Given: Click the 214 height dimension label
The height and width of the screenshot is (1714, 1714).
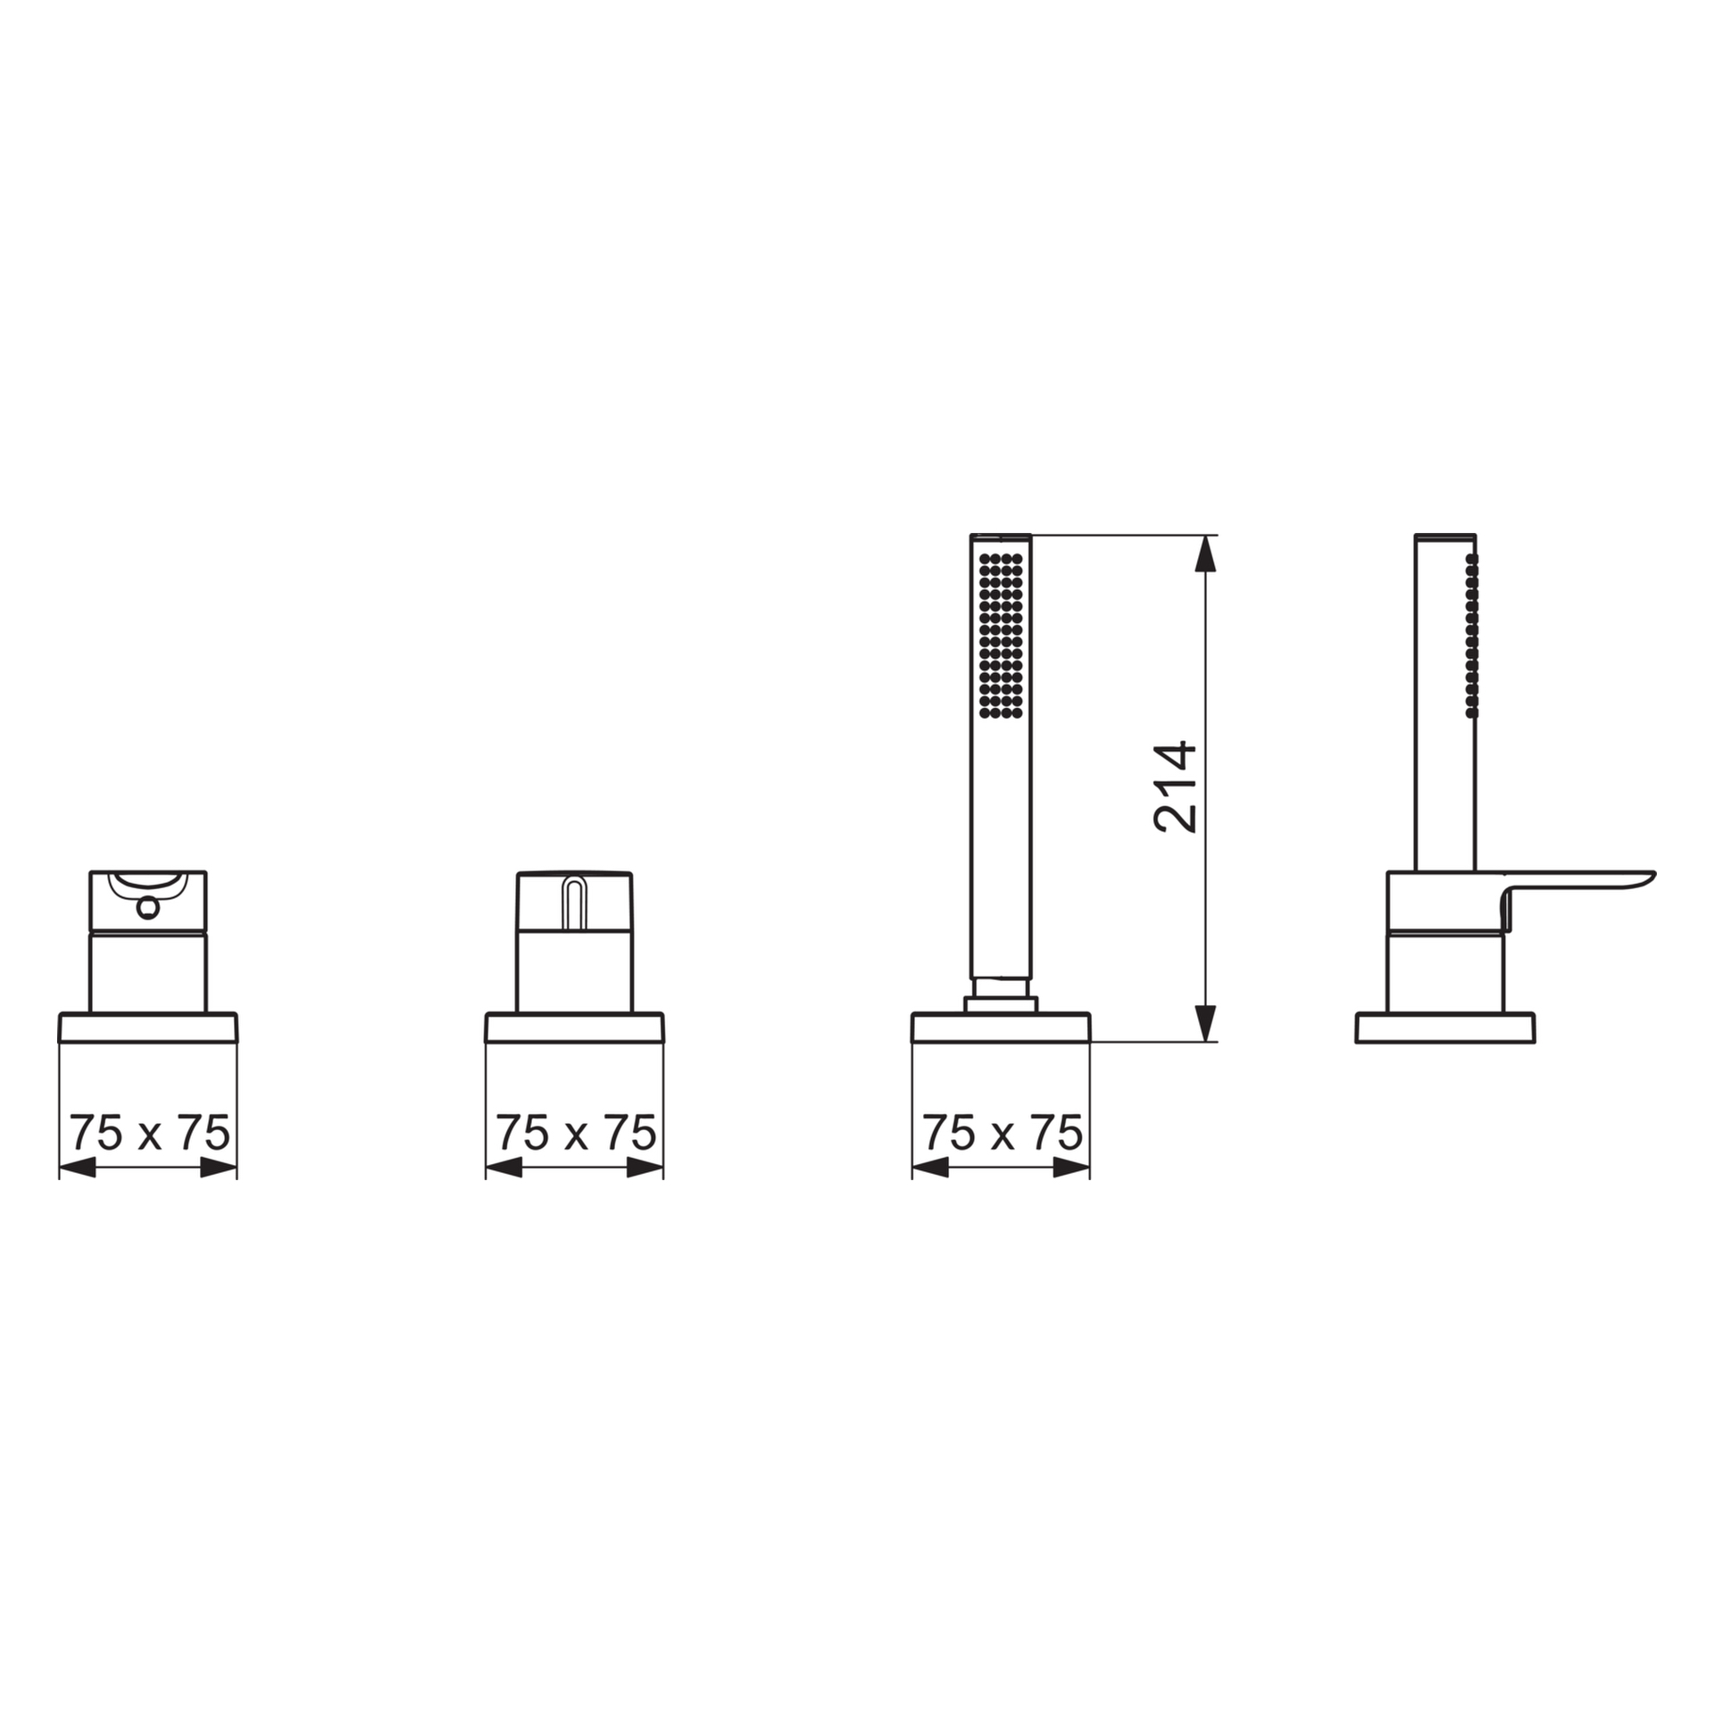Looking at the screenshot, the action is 1175,786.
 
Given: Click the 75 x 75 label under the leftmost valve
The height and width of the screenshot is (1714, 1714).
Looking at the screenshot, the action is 149,1133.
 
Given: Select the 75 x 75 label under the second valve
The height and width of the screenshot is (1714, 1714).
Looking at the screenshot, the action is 576,1133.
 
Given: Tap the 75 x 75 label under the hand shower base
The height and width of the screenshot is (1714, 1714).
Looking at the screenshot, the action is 1002,1133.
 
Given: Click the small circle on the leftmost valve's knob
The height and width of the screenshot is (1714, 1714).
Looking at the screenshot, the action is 148,908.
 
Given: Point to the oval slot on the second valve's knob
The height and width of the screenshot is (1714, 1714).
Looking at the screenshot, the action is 574,903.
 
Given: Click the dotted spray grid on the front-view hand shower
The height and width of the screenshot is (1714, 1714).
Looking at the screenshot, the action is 1001,636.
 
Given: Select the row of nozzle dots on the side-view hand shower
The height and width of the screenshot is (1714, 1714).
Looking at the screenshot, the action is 1472,636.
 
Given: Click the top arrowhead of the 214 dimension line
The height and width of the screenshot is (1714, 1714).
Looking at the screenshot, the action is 1205,553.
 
